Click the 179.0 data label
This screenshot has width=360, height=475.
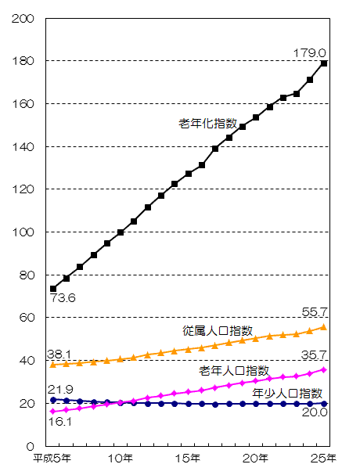tap(311, 53)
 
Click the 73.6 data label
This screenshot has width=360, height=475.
tap(63, 298)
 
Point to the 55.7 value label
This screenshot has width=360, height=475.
tap(314, 311)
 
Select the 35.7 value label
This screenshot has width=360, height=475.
tap(314, 354)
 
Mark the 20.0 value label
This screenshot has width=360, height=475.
tap(314, 412)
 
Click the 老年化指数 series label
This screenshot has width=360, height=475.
tap(207, 124)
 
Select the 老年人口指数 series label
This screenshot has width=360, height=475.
tap(234, 369)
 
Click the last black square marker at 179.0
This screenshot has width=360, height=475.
tap(324, 63)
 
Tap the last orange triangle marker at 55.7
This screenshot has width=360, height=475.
tap(324, 327)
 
